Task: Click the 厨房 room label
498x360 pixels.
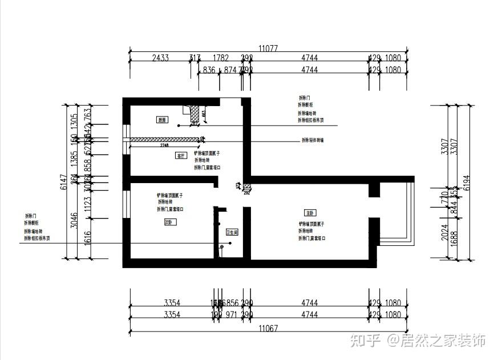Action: point(163,120)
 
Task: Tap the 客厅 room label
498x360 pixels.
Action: point(181,155)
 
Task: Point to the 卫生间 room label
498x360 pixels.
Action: point(232,232)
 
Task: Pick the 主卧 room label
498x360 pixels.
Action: point(310,212)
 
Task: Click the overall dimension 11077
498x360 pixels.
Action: point(268,48)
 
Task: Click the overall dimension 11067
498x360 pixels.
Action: point(268,329)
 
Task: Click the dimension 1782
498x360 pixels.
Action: point(220,58)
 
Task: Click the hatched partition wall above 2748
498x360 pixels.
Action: point(165,139)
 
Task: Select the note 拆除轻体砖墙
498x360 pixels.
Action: point(312,140)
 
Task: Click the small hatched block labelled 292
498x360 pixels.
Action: point(247,187)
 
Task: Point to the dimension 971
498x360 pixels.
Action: point(232,315)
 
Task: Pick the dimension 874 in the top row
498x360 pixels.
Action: point(229,70)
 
